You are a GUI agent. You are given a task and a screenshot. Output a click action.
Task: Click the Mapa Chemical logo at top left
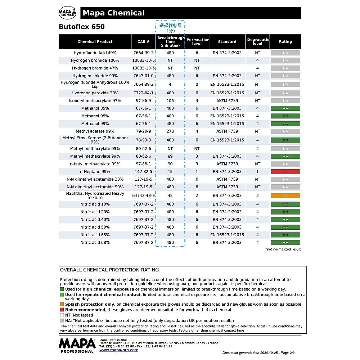[67, 13]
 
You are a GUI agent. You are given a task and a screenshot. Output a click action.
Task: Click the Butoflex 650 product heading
[82, 27]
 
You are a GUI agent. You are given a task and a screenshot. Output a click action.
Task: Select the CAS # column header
[143, 42]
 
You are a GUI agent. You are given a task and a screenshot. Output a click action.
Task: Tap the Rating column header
[285, 42]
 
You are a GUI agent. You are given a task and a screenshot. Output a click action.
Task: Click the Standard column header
[227, 42]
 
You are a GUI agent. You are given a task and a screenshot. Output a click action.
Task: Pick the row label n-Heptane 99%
[95, 172]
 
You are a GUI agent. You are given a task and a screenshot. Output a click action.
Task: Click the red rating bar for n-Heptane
[285, 172]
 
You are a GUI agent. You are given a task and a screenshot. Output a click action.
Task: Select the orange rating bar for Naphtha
[285, 195]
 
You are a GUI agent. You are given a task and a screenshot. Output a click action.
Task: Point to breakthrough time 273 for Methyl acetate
[170, 131]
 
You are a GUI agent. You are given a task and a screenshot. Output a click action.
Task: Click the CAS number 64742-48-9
[143, 195]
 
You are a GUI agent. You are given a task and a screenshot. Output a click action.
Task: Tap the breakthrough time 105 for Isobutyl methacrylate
[170, 101]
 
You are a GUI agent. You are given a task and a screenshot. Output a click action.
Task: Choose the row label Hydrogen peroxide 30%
[95, 93]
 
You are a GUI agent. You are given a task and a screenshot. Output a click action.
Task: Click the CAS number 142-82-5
[143, 172]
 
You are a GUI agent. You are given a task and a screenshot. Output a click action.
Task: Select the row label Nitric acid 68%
[95, 243]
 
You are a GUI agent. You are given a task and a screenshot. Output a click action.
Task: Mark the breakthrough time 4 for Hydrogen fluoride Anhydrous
[170, 84]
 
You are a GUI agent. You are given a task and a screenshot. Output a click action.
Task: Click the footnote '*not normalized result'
[283, 249]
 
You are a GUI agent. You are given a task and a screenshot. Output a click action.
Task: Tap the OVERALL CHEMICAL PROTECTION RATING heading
[109, 270]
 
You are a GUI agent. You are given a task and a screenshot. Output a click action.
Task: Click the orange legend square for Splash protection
[62, 304]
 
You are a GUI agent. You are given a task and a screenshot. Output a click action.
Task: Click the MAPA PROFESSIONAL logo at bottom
[77, 345]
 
